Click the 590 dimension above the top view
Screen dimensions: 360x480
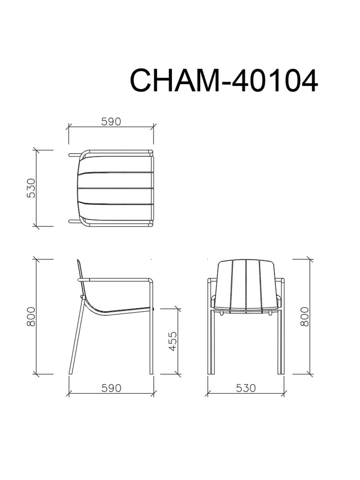[111, 122]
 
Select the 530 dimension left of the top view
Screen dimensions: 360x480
[31, 188]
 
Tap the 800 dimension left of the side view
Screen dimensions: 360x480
[31, 316]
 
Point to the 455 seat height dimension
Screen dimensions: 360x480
[173, 341]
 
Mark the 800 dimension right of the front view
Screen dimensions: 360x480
[304, 316]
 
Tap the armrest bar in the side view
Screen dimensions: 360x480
[118, 280]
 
